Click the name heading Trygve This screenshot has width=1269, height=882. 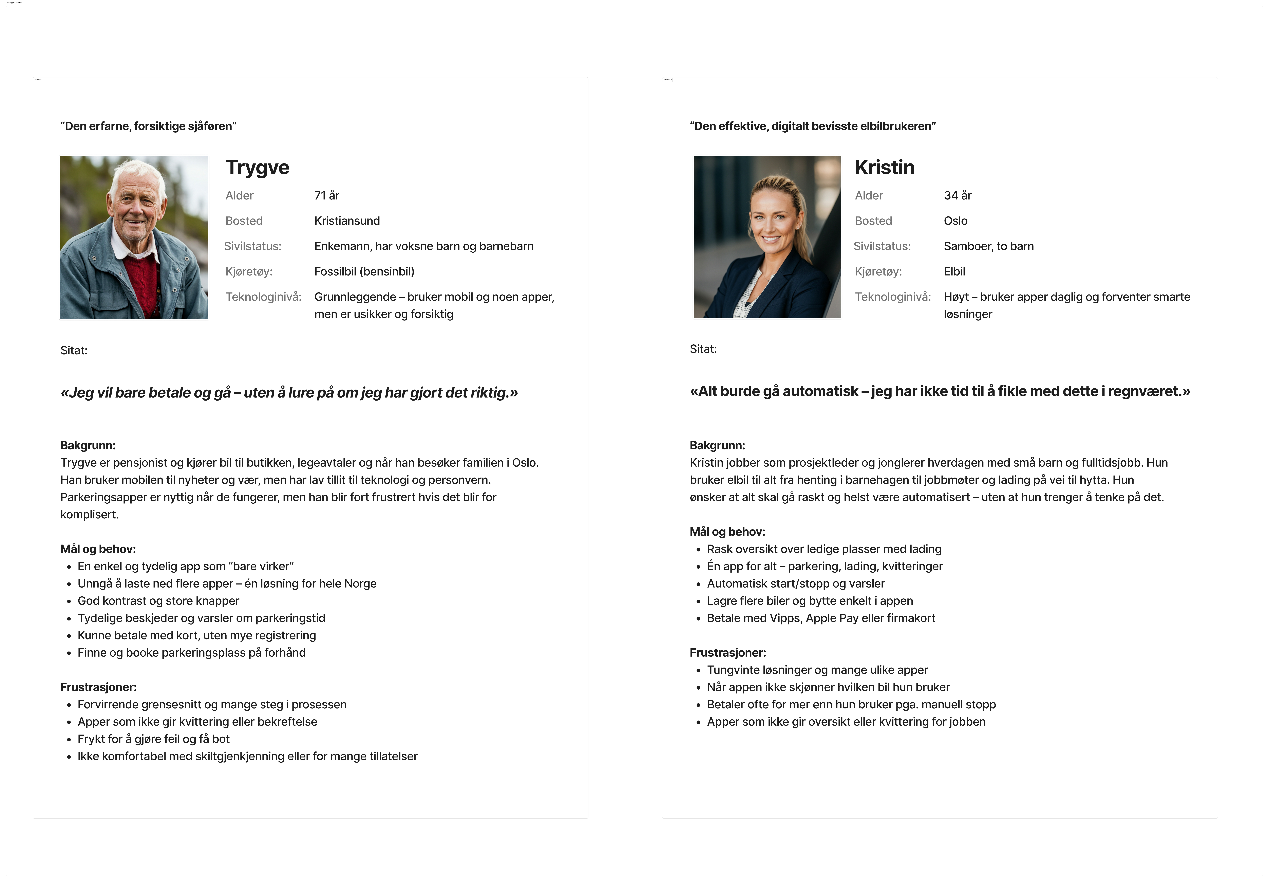pos(258,167)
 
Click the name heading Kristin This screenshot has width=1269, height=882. pos(884,167)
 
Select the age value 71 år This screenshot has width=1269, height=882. pos(327,196)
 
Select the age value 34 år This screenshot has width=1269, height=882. pos(957,196)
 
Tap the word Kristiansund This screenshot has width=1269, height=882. pos(347,221)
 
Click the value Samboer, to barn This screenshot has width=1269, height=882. pos(988,246)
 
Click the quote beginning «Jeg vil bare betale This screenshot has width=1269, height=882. pos(289,393)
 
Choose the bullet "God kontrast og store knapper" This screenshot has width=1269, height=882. pos(158,601)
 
